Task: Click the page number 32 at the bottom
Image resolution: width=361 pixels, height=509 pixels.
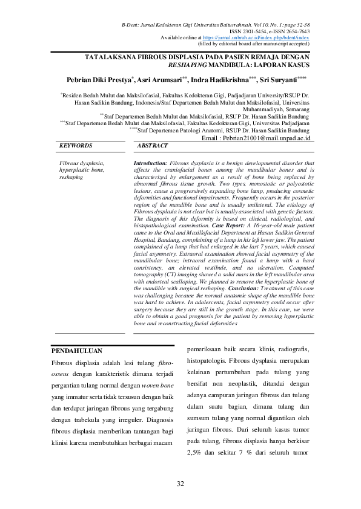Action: click(180, 484)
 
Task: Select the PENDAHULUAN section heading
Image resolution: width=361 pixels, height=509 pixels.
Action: click(76, 351)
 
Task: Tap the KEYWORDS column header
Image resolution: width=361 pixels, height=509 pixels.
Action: click(76, 146)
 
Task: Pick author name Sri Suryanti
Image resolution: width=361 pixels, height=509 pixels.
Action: click(278, 80)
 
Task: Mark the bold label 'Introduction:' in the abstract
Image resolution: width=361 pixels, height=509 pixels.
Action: click(150, 163)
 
